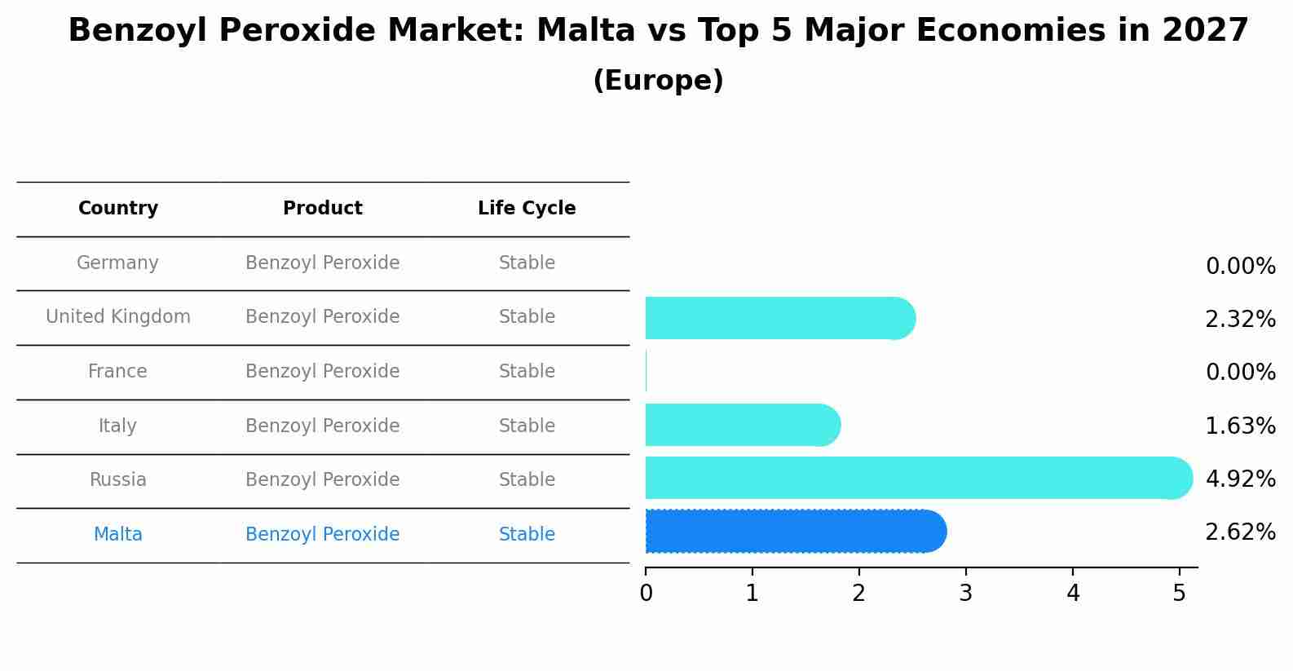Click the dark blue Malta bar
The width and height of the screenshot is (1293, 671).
(x=795, y=532)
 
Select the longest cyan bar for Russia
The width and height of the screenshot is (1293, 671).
(x=917, y=478)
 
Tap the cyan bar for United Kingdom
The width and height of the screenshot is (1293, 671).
(x=779, y=318)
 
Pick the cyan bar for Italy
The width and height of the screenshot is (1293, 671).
(x=742, y=425)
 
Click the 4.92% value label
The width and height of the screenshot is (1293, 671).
(x=1240, y=479)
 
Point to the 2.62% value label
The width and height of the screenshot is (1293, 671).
(x=1240, y=532)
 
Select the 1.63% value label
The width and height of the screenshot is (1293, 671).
(x=1240, y=426)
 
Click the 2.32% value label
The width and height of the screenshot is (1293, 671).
(x=1240, y=320)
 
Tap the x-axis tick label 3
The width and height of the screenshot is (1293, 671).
(x=965, y=594)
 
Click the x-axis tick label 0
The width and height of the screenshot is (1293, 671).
(x=646, y=594)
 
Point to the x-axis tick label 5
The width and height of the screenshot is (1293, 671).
(x=1179, y=594)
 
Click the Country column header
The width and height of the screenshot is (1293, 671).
(x=118, y=209)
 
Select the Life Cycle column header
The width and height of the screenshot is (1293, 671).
(x=527, y=209)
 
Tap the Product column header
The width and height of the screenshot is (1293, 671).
(x=322, y=209)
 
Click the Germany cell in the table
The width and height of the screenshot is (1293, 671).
(x=117, y=263)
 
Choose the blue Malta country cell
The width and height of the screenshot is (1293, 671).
(x=117, y=535)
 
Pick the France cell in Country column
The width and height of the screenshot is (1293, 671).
(x=117, y=372)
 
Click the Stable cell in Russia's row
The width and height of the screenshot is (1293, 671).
(x=527, y=480)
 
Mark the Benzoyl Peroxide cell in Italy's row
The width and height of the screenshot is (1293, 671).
(x=322, y=426)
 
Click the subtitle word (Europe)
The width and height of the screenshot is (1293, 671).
(x=658, y=81)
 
